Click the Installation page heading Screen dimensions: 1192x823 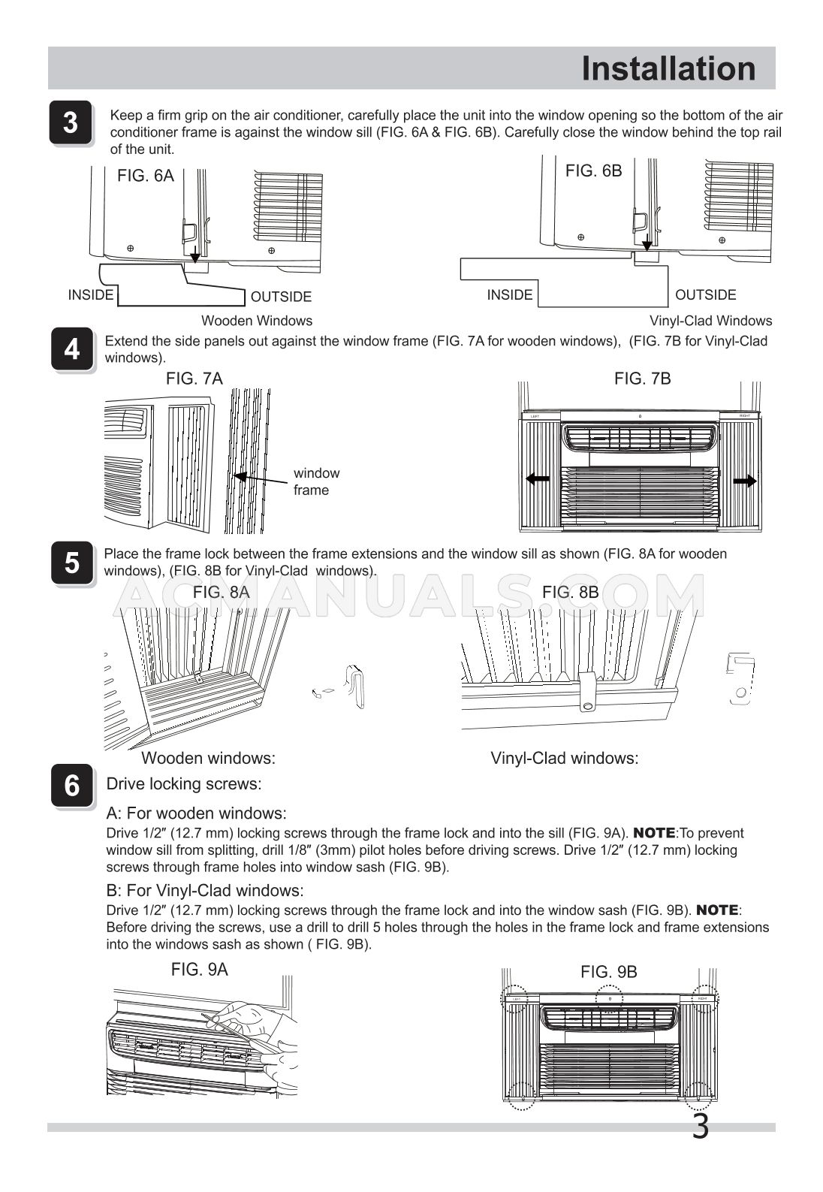pos(668,68)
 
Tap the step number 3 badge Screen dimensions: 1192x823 pos(71,122)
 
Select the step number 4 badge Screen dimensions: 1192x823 pos(71,349)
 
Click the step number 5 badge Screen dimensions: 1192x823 pos(71,563)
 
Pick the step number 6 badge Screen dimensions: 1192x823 pos(71,786)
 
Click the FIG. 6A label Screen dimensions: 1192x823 pos(145,176)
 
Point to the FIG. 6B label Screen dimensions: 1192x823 pos(593,171)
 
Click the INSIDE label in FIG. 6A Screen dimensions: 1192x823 pos(91,295)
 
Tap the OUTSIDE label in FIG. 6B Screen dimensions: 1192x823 pos(705,295)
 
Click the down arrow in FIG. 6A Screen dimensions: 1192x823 pos(195,256)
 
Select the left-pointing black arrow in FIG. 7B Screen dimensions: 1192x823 pos(538,479)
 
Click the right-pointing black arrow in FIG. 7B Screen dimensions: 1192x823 pos(744,481)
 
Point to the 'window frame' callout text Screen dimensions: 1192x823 pos(315,481)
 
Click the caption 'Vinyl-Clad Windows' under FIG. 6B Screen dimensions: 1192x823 pos(710,321)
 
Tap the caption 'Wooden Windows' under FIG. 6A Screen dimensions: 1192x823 pos(256,321)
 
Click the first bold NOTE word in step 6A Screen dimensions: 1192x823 pos(655,833)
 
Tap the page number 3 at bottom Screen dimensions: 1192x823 pos(699,1127)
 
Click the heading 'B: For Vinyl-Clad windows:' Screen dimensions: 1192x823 pos(205,891)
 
